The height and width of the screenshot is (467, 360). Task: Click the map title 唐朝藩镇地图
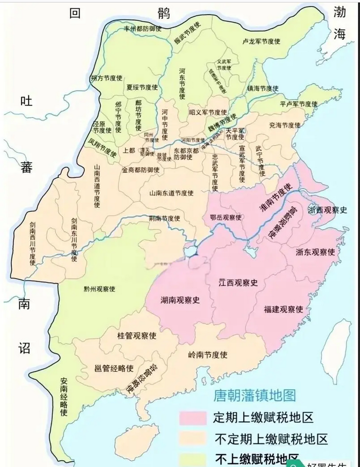254,395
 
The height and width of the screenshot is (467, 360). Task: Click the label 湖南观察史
180,300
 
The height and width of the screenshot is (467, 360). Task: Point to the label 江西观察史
238,282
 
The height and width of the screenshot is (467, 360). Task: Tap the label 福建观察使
283,309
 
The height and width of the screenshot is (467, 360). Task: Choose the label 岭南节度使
207,355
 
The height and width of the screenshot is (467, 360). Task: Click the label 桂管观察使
136,335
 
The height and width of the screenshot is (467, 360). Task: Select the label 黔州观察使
99,289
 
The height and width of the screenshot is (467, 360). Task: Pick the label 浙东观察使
315,251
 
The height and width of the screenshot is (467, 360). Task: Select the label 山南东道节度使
171,192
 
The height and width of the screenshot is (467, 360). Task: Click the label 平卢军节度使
298,104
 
